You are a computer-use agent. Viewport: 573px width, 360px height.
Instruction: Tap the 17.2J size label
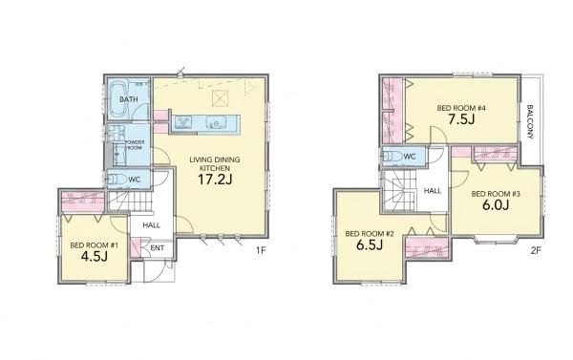(x=215, y=180)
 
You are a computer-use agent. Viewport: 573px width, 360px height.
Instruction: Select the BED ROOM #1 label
(x=94, y=245)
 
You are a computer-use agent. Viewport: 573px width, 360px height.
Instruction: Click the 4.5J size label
(x=94, y=257)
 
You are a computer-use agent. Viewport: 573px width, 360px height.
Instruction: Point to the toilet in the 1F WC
(x=116, y=180)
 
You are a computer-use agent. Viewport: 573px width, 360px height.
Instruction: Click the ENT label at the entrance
(x=158, y=248)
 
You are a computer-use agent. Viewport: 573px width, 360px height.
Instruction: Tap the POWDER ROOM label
(x=135, y=145)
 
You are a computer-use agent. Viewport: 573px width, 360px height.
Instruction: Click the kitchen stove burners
(x=182, y=121)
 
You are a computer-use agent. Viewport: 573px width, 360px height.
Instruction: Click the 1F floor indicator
(x=260, y=250)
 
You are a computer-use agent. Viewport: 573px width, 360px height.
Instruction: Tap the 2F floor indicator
(x=536, y=250)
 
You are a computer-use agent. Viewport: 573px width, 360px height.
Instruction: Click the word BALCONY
(x=530, y=121)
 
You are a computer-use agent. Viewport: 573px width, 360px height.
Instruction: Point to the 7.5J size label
(x=462, y=119)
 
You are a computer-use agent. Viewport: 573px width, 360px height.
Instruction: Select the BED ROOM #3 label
(x=496, y=194)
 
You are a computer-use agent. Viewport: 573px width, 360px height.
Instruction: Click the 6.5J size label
(x=369, y=244)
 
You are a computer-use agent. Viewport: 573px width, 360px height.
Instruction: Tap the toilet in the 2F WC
(x=392, y=157)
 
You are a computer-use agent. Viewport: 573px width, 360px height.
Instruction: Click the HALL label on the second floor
(x=433, y=190)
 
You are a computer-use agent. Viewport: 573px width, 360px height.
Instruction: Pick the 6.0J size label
(x=496, y=205)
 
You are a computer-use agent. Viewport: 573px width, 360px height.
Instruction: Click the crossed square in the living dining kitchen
(x=221, y=98)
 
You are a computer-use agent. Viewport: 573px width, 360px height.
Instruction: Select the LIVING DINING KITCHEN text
(x=215, y=163)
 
